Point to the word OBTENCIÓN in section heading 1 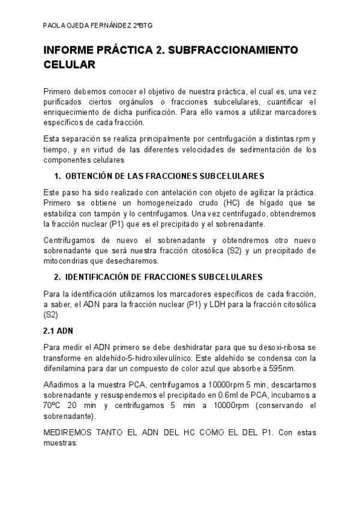pos(89,176)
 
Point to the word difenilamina pos(67,368)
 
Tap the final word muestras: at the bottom pos(61,444)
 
